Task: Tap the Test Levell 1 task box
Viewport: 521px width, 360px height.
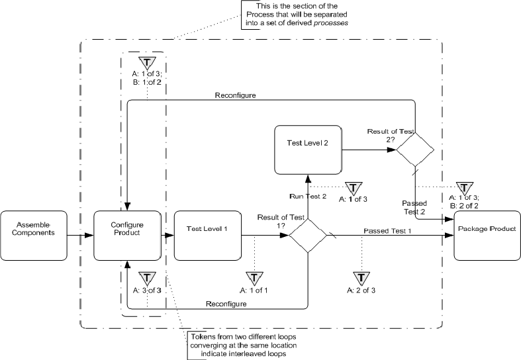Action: tap(207, 234)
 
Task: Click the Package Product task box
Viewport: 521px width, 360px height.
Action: tap(487, 234)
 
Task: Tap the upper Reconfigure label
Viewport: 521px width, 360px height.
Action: tap(236, 96)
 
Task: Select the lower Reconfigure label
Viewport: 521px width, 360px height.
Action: tap(228, 303)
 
